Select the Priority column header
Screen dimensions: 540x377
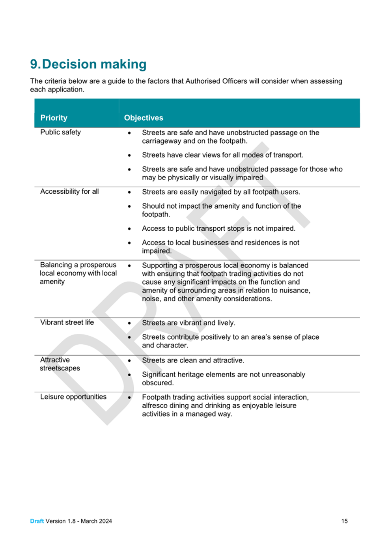pyautogui.click(x=54, y=118)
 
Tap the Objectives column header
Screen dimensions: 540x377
pyautogui.click(x=144, y=118)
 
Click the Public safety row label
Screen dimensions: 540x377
pyautogui.click(x=60, y=132)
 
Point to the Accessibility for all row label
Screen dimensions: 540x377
pyautogui.click(x=69, y=191)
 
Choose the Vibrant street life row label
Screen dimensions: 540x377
pyautogui.click(x=67, y=322)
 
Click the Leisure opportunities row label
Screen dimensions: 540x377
pyautogui.click(x=73, y=397)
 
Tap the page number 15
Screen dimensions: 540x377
pyautogui.click(x=344, y=521)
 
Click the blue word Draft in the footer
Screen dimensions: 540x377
pyautogui.click(x=37, y=521)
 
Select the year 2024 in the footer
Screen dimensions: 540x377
pyautogui.click(x=105, y=521)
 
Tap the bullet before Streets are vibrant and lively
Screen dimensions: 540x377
pyautogui.click(x=129, y=323)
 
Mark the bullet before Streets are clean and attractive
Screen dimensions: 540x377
pyautogui.click(x=129, y=361)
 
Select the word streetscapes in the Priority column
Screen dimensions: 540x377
pyautogui.click(x=60, y=368)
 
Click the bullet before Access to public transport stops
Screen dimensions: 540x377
pyautogui.click(x=129, y=229)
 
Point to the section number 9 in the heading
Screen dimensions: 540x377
pyautogui.click(x=34, y=64)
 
